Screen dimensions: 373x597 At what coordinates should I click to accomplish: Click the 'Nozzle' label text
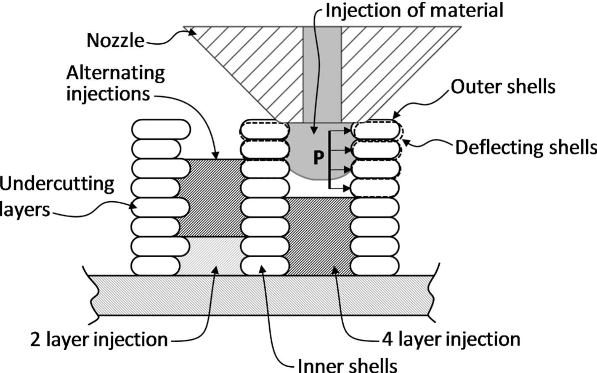pyautogui.click(x=115, y=40)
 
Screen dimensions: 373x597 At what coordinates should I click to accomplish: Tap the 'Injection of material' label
pyautogui.click(x=414, y=10)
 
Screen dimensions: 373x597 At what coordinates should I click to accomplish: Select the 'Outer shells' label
pyautogui.click(x=503, y=87)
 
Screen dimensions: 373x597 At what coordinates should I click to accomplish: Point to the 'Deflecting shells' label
pyautogui.click(x=525, y=148)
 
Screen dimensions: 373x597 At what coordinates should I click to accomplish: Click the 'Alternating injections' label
pyautogui.click(x=115, y=83)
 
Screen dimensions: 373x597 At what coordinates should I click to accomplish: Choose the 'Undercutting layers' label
pyautogui.click(x=57, y=196)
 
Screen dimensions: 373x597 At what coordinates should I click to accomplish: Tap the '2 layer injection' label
pyautogui.click(x=99, y=340)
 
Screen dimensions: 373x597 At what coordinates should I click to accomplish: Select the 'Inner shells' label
pyautogui.click(x=347, y=365)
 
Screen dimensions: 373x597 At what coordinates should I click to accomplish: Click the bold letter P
pyautogui.click(x=319, y=157)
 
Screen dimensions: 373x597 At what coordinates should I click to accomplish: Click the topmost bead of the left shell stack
pyautogui.click(x=161, y=129)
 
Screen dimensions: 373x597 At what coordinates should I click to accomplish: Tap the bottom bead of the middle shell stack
pyautogui.click(x=265, y=265)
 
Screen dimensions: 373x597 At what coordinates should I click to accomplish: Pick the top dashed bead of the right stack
pyautogui.click(x=376, y=130)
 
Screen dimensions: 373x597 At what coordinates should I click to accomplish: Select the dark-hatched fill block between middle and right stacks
pyautogui.click(x=320, y=236)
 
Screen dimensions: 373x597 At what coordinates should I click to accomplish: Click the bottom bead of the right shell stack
pyautogui.click(x=374, y=265)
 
